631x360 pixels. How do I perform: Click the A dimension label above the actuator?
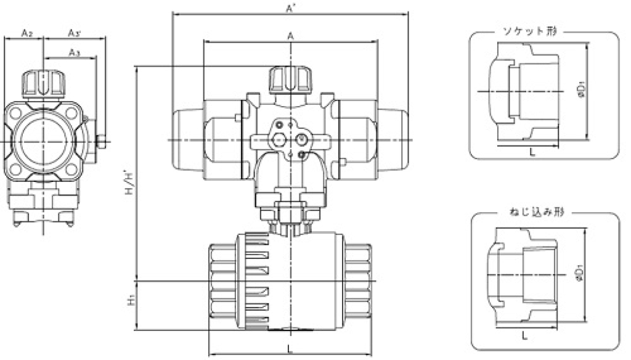(289, 36)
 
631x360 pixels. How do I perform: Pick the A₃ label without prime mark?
(74, 52)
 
